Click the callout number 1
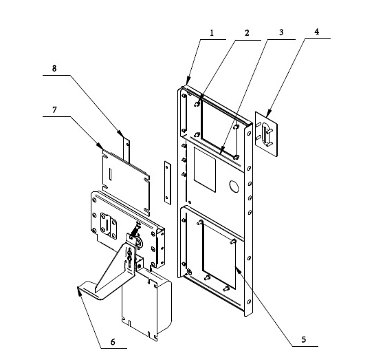(x=212, y=33)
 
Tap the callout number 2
(x=247, y=33)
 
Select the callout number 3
(x=281, y=32)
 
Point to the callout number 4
(x=316, y=32)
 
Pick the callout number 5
(x=304, y=339)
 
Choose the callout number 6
(x=113, y=342)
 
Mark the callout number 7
(x=54, y=110)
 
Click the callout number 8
(x=54, y=69)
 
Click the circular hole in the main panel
(x=234, y=187)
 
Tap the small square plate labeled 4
(x=266, y=134)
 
